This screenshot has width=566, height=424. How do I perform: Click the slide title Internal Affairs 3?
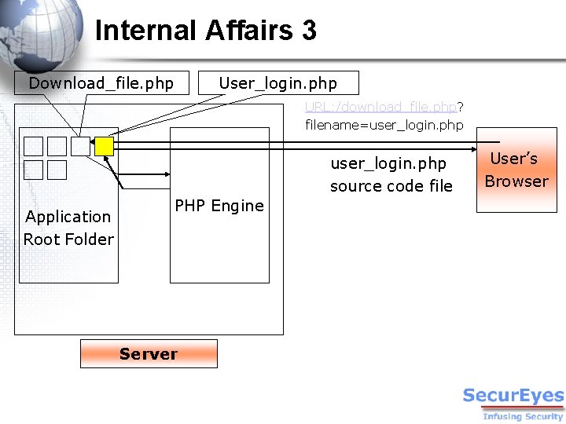[x=205, y=31]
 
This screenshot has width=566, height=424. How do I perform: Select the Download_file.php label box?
[x=101, y=83]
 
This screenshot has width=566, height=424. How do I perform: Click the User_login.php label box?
[x=278, y=83]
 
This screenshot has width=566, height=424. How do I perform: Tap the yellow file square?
[x=104, y=146]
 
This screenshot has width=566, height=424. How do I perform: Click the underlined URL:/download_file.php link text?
[x=380, y=107]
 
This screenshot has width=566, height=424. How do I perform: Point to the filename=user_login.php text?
[x=384, y=125]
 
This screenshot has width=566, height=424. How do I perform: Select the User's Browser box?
[x=516, y=170]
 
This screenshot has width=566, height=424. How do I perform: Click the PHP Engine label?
[x=219, y=206]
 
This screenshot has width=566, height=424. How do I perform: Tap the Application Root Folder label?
[x=68, y=228]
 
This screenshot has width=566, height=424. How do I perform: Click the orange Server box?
[x=149, y=353]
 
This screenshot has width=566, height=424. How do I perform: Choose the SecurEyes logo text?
[x=513, y=396]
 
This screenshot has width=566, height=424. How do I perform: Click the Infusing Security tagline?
[x=523, y=416]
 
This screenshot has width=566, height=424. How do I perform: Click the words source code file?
[x=391, y=186]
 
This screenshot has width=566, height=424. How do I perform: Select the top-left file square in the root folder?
[x=33, y=146]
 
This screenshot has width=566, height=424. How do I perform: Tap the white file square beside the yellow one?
[x=80, y=146]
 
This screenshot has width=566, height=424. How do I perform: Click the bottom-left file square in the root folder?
[x=33, y=170]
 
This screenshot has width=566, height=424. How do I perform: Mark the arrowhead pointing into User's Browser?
[x=473, y=146]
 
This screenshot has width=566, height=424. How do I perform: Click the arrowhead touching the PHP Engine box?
[x=167, y=175]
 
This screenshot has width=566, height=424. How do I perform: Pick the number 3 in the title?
[x=308, y=31]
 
